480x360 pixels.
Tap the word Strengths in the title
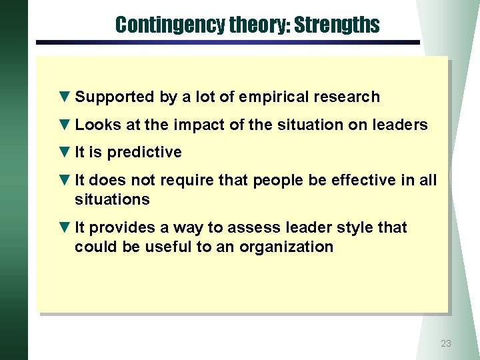click(337, 25)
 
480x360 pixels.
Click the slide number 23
click(446, 343)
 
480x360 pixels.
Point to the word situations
click(112, 199)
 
